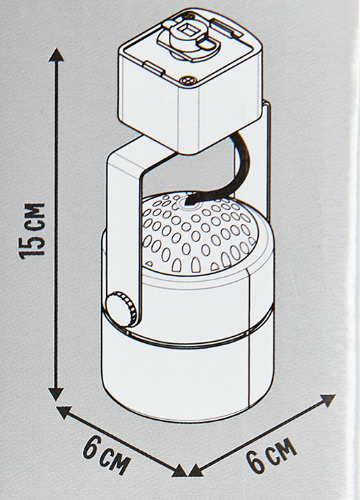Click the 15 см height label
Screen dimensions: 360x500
[32, 230]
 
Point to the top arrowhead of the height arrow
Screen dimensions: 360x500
[57, 55]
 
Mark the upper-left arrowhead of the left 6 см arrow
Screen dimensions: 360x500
[63, 412]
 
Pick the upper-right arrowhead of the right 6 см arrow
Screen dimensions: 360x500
[327, 400]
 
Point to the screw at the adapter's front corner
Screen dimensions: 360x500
[187, 81]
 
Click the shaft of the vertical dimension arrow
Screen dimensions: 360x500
[57, 224]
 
